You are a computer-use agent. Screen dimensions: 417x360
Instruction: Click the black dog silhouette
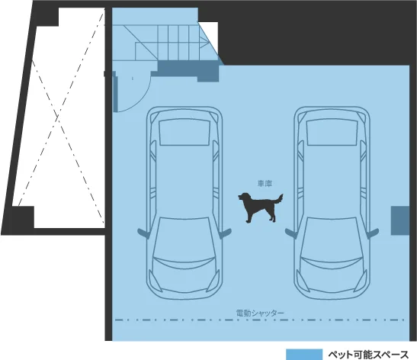(259, 207)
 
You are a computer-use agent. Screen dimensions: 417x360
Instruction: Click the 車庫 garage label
(265, 184)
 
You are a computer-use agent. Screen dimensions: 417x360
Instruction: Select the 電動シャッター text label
(260, 313)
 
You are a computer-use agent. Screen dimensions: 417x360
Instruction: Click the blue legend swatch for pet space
(304, 355)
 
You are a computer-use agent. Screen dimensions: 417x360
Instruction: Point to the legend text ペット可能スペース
(368, 355)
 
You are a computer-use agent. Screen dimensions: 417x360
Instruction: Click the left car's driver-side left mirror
(143, 233)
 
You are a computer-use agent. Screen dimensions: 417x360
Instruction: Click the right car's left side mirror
(290, 233)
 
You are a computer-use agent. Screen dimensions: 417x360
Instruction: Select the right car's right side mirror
(374, 233)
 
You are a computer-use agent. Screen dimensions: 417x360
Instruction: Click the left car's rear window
(184, 132)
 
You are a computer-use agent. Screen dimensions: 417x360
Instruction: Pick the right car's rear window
(332, 132)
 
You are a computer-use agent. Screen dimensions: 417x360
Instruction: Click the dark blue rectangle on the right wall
(400, 220)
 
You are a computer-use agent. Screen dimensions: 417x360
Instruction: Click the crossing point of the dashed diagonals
(58, 117)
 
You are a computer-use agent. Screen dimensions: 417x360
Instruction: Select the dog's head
(242, 197)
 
